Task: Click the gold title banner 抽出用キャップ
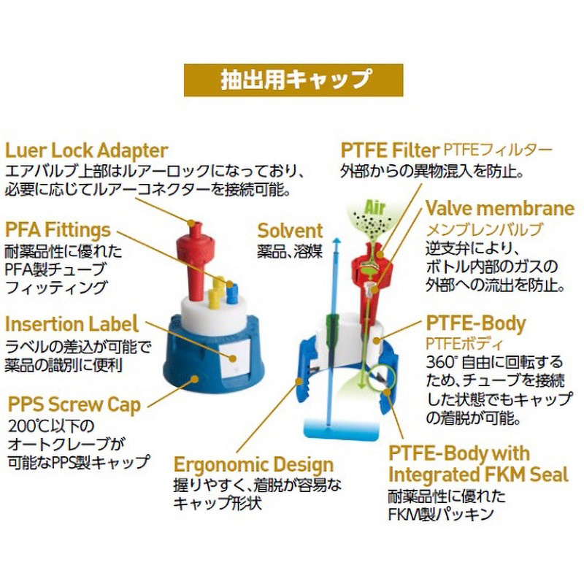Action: coord(293,80)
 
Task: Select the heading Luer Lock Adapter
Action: coord(87,151)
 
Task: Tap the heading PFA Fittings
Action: coord(58,230)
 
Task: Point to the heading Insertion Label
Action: coord(72,323)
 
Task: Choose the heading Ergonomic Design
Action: coord(253,464)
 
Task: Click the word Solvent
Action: coord(290,231)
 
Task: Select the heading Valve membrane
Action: coord(500,209)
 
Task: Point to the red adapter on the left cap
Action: coord(195,255)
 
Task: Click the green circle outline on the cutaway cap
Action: coord(384,380)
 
